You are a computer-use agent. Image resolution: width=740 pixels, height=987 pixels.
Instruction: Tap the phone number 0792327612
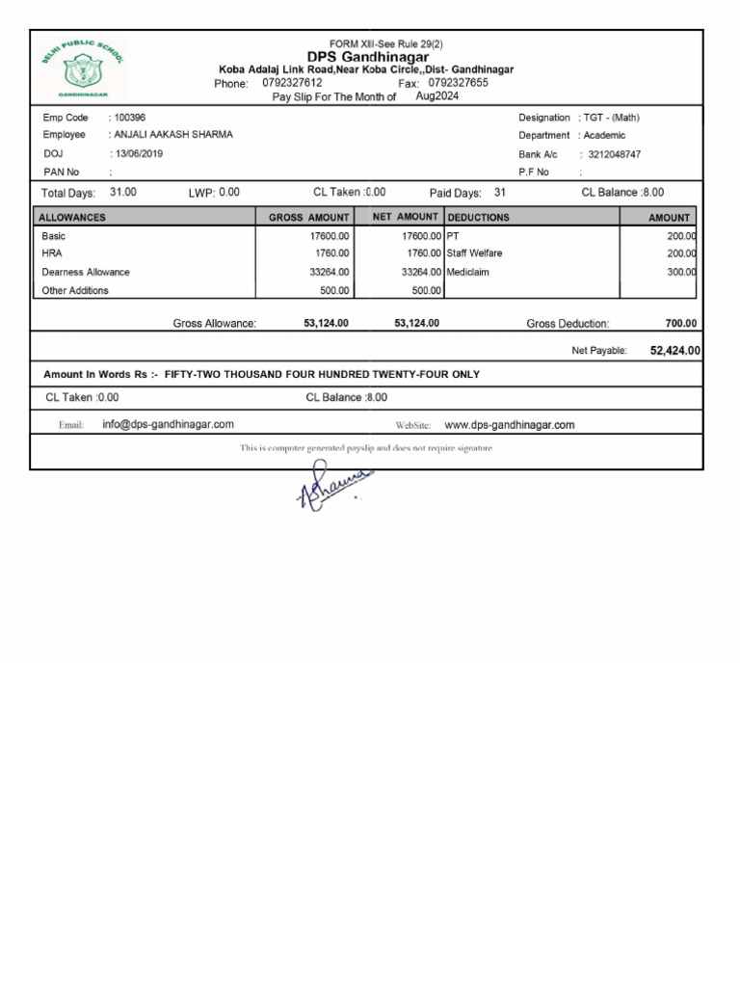tap(292, 83)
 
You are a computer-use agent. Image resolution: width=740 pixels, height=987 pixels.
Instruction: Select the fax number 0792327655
tap(458, 83)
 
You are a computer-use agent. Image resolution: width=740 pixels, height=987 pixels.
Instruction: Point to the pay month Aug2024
tap(437, 96)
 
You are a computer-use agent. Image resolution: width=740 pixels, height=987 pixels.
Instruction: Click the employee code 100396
tap(130, 118)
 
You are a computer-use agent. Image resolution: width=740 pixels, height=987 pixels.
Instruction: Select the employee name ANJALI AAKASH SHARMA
tap(173, 135)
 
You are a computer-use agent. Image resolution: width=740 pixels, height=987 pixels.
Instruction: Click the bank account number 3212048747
tap(614, 154)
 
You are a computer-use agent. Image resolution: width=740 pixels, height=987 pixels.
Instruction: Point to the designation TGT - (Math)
tap(611, 118)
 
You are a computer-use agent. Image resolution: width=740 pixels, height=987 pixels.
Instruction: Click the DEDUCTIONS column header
tap(479, 218)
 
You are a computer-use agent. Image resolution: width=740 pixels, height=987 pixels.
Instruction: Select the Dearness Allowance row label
tap(86, 272)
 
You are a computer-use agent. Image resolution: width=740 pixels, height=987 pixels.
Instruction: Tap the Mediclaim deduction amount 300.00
tap(681, 272)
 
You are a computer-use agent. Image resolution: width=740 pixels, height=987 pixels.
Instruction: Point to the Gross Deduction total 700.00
tap(681, 324)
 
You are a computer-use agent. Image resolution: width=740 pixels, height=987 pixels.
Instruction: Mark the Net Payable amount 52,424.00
tap(674, 351)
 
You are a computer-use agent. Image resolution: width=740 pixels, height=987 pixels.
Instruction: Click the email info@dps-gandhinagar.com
tap(168, 424)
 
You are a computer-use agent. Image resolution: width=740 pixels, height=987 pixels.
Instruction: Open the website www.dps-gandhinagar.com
tap(509, 424)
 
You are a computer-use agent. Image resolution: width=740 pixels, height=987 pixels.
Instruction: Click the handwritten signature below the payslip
tap(332, 488)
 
